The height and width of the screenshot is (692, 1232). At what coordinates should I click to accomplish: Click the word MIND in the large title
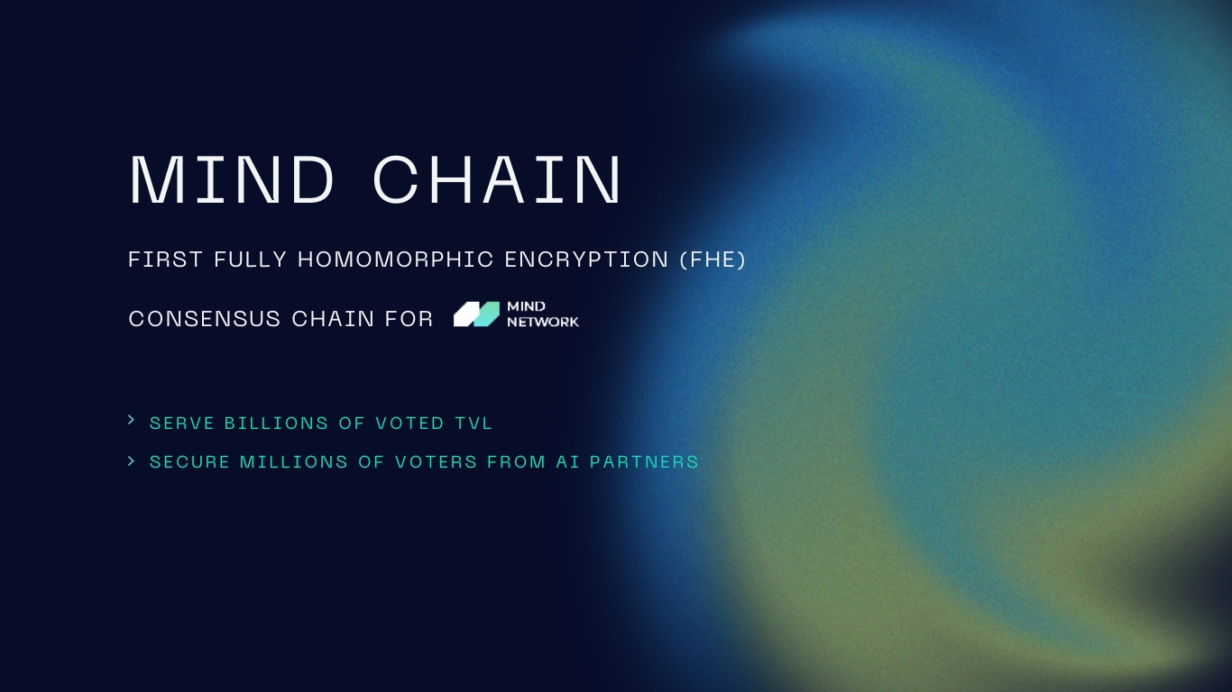233,180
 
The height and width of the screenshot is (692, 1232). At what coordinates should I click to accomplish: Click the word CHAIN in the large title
497,180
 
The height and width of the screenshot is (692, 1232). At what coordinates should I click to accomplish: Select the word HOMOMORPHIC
396,259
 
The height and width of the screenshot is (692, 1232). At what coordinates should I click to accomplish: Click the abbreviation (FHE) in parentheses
713,259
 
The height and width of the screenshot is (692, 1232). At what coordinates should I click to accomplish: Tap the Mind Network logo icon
476,314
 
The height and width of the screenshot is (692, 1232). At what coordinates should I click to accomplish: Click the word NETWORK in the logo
543,322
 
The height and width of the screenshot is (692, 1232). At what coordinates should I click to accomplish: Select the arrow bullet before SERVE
132,420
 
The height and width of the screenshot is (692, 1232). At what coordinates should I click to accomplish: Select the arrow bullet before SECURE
132,460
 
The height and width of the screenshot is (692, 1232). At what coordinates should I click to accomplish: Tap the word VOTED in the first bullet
410,423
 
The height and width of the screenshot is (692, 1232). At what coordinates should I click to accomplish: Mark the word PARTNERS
644,462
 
